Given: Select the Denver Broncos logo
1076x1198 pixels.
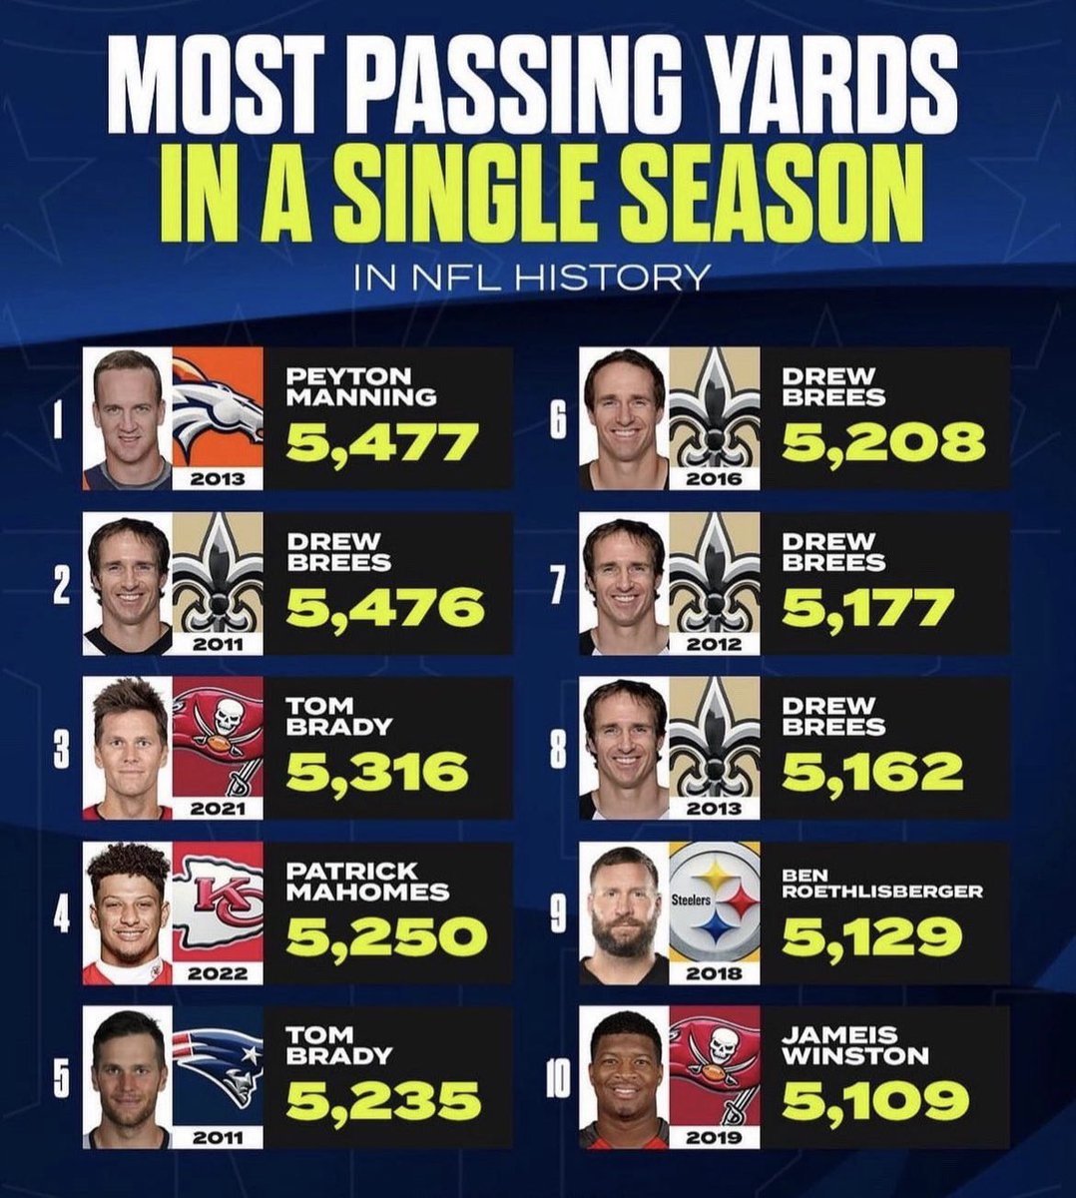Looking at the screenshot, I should (x=218, y=409).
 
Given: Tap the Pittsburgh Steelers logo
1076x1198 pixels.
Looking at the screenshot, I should (x=714, y=903).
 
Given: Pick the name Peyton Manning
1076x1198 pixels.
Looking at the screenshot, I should (x=361, y=386).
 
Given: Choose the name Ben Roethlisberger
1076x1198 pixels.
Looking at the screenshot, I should (x=882, y=884).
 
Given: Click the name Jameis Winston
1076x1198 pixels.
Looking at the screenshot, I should (x=855, y=1044).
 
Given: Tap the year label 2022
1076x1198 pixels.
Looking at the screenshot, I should (x=218, y=972).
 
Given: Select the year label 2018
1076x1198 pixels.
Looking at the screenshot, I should (x=714, y=972).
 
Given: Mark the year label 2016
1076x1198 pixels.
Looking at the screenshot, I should (x=714, y=478).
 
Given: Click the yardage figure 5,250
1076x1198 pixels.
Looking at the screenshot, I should (x=386, y=936).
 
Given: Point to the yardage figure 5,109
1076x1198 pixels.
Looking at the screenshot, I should (x=874, y=1101).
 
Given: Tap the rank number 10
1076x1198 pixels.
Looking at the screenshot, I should (x=558, y=1085).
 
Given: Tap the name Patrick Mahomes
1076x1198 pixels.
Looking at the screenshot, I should (x=367, y=881).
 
